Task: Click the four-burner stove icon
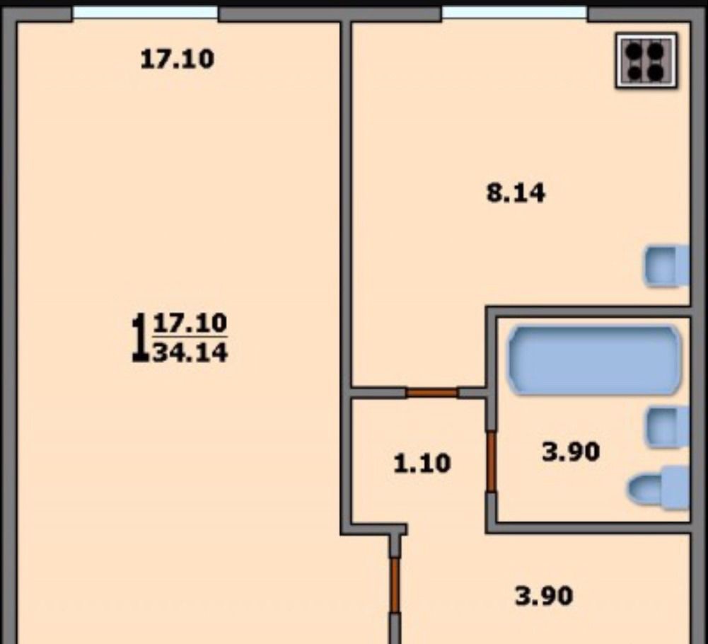coord(646,60)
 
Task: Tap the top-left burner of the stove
coord(635,50)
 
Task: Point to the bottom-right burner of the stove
coord(656,72)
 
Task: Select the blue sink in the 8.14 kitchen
coord(666,266)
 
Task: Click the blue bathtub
coord(595,360)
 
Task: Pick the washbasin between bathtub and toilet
coord(668,427)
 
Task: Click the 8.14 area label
coord(516,193)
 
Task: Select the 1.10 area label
coord(422,464)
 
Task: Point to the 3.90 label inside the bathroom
coord(571,452)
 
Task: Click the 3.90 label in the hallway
coord(544,596)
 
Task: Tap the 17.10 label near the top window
coord(177,59)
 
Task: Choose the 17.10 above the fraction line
coord(190,323)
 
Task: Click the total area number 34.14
coord(190,353)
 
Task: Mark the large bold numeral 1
coord(139,338)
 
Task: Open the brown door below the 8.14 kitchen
coord(432,392)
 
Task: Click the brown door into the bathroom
coord(492,461)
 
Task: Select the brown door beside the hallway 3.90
coord(395,585)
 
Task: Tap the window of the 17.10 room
coord(145,12)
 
